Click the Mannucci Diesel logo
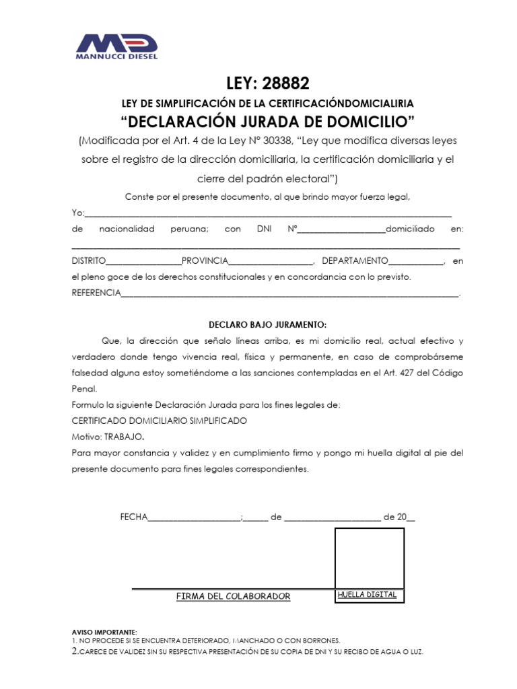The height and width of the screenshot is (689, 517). tap(116, 46)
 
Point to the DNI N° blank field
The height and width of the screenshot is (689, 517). tap(341, 229)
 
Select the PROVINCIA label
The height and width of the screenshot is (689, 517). tap(205, 260)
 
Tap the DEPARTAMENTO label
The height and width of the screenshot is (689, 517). tap(355, 260)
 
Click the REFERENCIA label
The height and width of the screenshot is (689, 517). tap(96, 293)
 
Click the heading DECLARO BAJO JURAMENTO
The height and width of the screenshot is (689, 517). tap(267, 324)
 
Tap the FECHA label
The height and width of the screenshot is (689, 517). tap(133, 517)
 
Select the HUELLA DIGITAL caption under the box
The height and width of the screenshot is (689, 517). tap(367, 595)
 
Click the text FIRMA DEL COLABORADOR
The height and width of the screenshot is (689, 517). tap(233, 597)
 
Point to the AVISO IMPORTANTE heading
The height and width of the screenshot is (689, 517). tap(104, 632)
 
